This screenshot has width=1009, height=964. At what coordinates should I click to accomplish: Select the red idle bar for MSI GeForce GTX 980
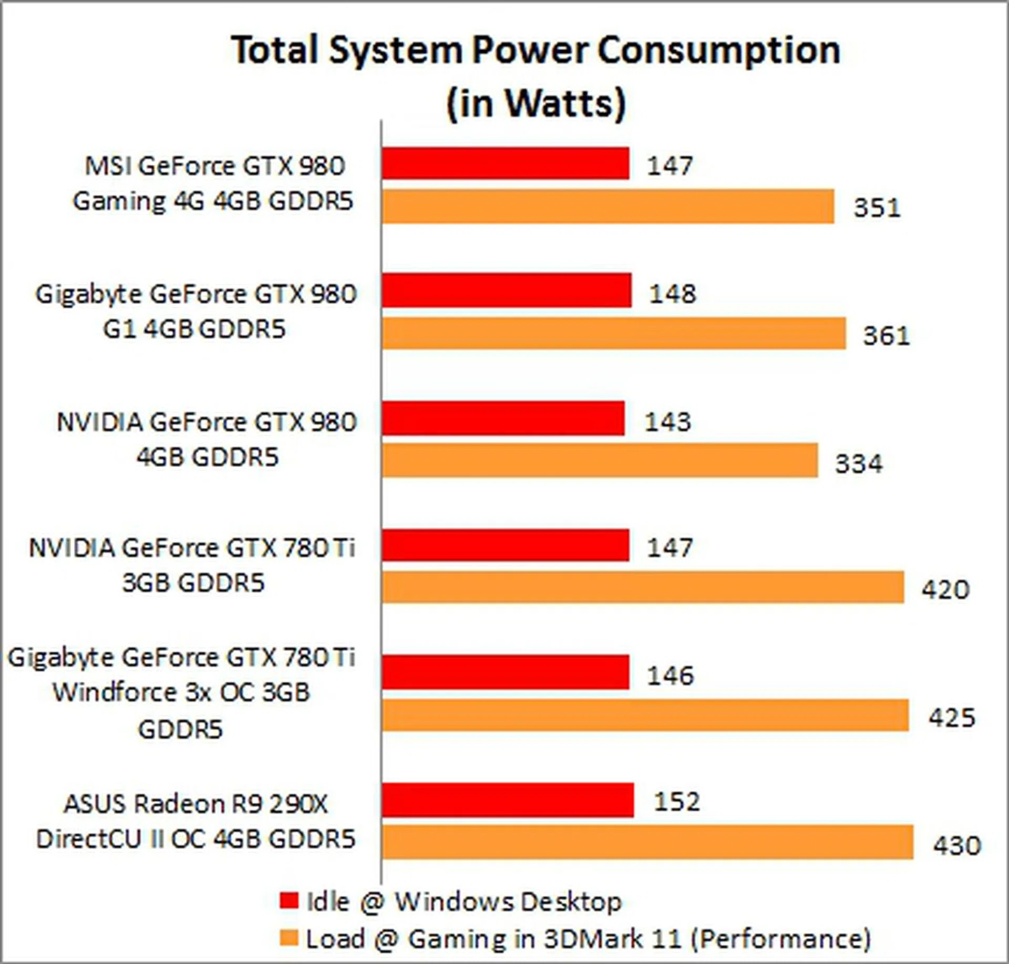tap(505, 163)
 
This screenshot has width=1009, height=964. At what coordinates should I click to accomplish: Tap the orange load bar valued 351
tap(608, 206)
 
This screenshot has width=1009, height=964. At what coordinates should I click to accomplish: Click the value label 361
tap(886, 336)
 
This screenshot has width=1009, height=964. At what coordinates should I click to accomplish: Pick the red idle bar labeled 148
tap(506, 290)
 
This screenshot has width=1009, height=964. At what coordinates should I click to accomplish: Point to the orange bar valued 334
tap(600, 461)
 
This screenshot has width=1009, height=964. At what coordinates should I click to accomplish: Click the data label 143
tap(667, 422)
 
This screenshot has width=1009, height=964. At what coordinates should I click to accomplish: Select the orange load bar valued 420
tap(643, 587)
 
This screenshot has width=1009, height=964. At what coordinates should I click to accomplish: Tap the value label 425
tap(951, 718)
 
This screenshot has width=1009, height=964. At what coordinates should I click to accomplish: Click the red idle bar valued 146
tap(505, 672)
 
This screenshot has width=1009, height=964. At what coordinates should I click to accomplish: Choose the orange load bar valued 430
tap(647, 843)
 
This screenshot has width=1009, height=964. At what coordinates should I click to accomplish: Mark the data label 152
tap(677, 802)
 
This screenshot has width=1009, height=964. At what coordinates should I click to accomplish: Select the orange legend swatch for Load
tap(289, 938)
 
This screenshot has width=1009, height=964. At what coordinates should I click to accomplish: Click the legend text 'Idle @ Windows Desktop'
tap(464, 901)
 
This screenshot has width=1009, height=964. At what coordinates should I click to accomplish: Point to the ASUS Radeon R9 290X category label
tap(195, 822)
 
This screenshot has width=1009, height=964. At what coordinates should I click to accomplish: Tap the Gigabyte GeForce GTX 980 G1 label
tap(195, 312)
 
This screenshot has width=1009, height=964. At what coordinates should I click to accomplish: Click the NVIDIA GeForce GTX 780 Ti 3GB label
tap(192, 565)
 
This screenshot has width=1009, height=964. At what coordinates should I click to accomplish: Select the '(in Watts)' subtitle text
tap(536, 103)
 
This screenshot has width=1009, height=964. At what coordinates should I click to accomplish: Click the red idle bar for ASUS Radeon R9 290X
tap(508, 800)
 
